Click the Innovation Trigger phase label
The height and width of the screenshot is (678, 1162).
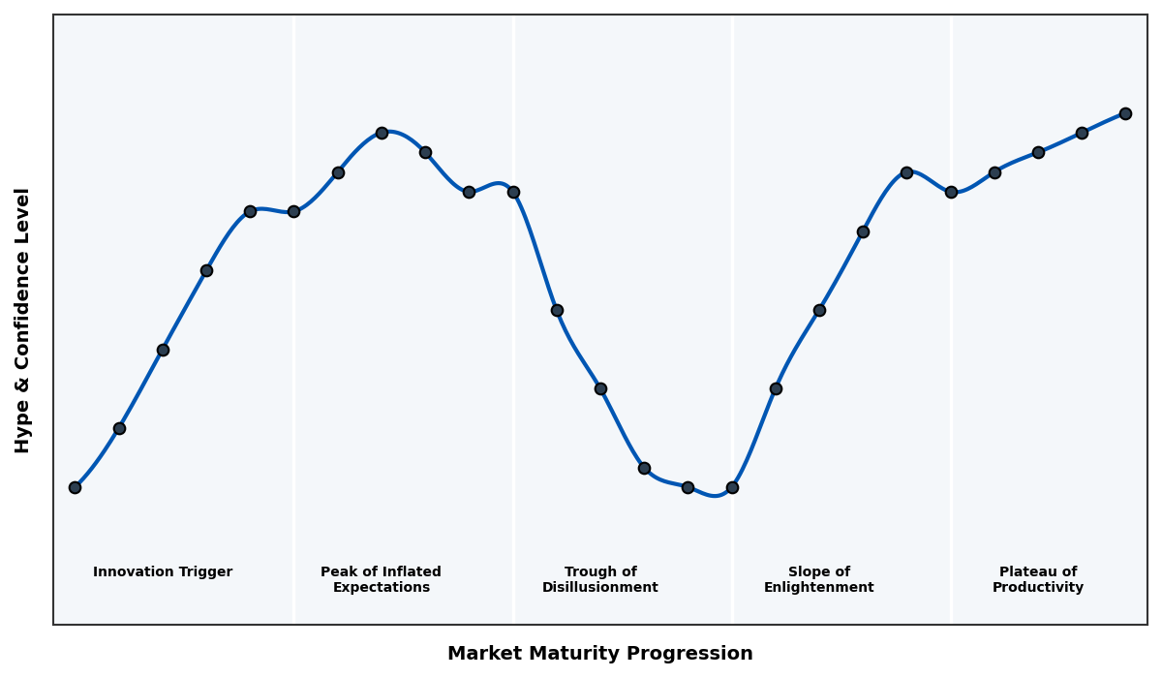pyautogui.click(x=163, y=572)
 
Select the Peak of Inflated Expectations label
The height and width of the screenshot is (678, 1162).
pyautogui.click(x=381, y=579)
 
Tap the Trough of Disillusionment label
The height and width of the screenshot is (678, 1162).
pyautogui.click(x=600, y=579)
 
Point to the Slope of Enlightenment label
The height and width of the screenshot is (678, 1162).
pyautogui.click(x=819, y=579)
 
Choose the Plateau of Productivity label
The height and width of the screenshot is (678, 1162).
pyautogui.click(x=1038, y=579)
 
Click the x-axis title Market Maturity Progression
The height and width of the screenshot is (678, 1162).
pyautogui.click(x=600, y=654)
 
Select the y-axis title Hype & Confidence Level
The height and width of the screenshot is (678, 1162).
pyautogui.click(x=23, y=320)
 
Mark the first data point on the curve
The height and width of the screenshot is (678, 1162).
pyautogui.click(x=75, y=487)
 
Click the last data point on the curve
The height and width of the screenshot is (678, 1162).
pyautogui.click(x=1125, y=113)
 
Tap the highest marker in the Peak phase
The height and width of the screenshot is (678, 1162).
pyautogui.click(x=382, y=133)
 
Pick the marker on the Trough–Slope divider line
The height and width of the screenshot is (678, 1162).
pyautogui.click(x=732, y=487)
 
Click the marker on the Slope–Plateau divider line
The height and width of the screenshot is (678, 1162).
pyautogui.click(x=951, y=192)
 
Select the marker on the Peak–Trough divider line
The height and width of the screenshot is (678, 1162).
pyautogui.click(x=513, y=192)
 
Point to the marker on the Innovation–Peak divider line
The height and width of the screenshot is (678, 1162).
pyautogui.click(x=293, y=211)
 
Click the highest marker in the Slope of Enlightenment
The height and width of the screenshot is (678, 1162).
pyautogui.click(x=906, y=172)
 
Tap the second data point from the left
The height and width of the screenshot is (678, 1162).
pyautogui.click(x=119, y=428)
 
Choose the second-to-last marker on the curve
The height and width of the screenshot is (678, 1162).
pyautogui.click(x=1082, y=133)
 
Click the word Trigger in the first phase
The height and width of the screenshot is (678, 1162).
pyautogui.click(x=205, y=572)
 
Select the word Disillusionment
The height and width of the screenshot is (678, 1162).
pyautogui.click(x=600, y=588)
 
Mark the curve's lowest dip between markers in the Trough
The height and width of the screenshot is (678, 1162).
pyautogui.click(x=715, y=496)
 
